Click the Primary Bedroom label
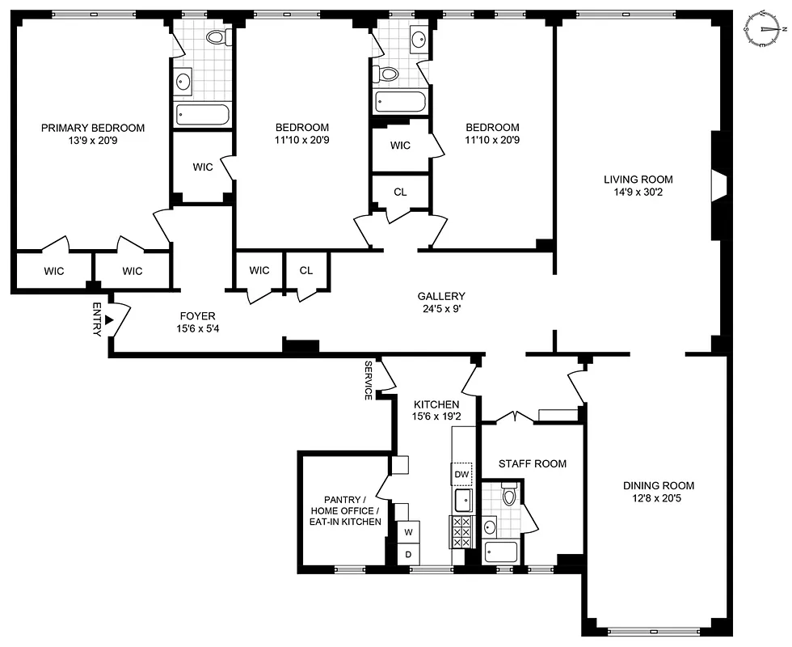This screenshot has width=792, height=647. [x=93, y=128]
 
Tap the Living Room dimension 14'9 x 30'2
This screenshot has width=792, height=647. [x=638, y=192]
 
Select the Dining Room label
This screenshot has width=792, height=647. [x=658, y=485]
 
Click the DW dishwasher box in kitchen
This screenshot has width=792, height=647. [x=461, y=474]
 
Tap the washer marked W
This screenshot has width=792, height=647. [x=408, y=532]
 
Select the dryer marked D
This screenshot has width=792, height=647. [x=408, y=554]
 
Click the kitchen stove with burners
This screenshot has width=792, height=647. [x=461, y=531]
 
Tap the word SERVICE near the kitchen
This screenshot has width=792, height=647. [x=369, y=380]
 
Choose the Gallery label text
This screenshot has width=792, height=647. [x=440, y=296]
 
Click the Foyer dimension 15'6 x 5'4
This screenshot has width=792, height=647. [x=197, y=328]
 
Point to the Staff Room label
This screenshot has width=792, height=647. [x=532, y=463]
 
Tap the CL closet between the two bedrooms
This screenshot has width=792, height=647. [x=400, y=192]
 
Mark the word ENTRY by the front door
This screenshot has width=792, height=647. [x=97, y=319]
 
